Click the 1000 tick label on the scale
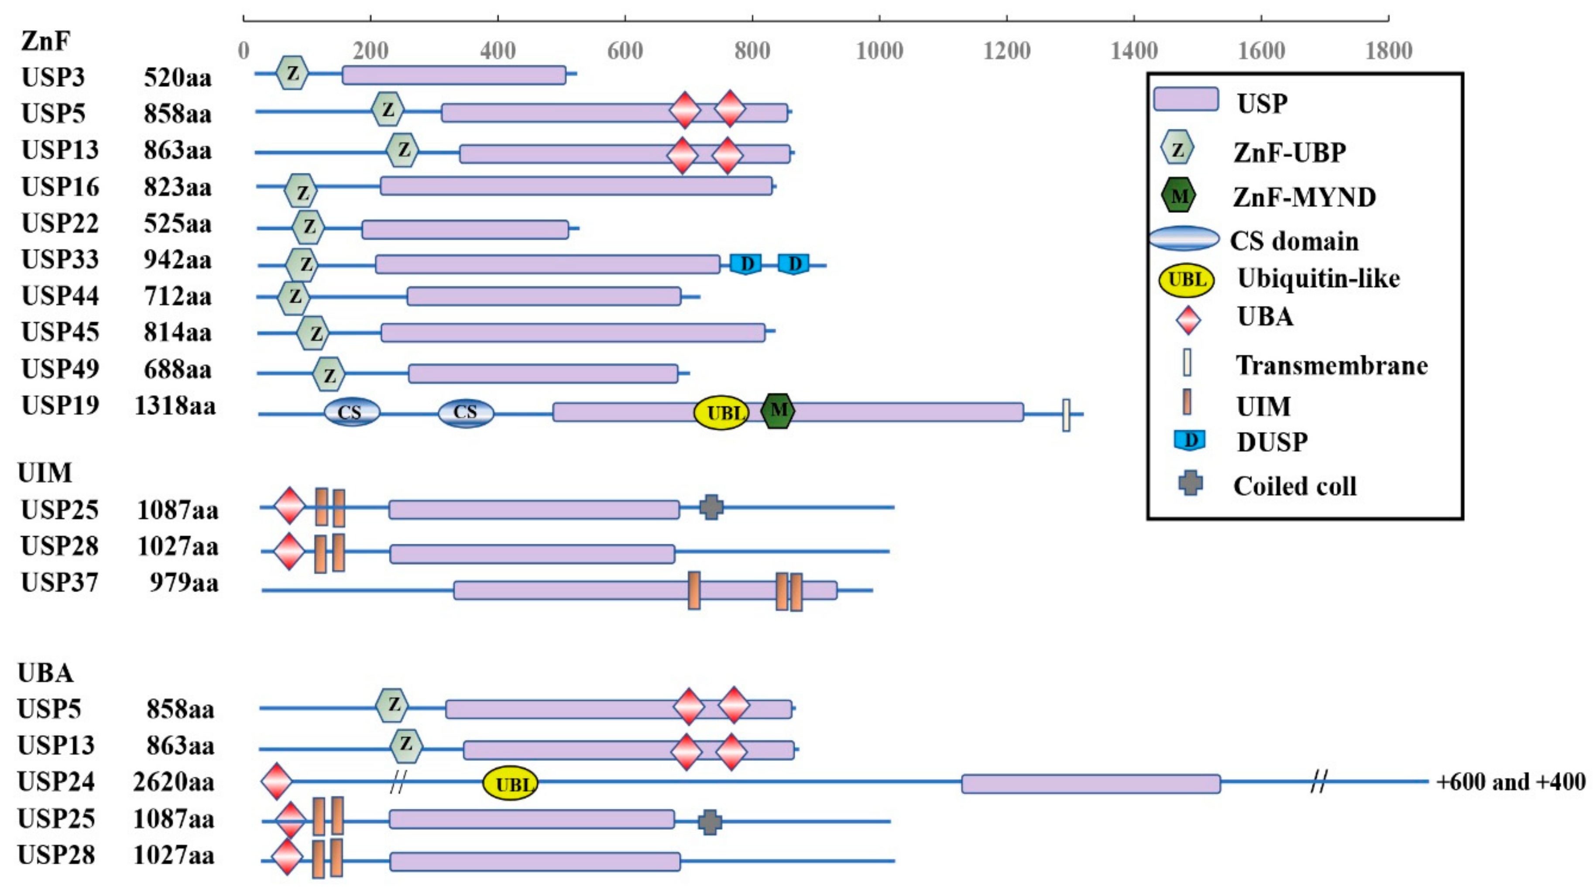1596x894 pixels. pyautogui.click(x=879, y=51)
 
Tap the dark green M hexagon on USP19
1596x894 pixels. pyautogui.click(x=778, y=411)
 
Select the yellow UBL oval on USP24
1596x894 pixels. pyautogui.click(x=510, y=783)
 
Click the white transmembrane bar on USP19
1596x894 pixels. pyautogui.click(x=1066, y=415)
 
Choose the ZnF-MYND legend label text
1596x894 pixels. pyautogui.click(x=1304, y=198)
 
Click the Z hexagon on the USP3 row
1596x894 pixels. pyautogui.click(x=292, y=73)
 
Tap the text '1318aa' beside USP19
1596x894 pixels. pyautogui.click(x=175, y=406)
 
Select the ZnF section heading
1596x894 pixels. pyautogui.click(x=45, y=41)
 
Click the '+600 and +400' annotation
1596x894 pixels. pyautogui.click(x=1510, y=782)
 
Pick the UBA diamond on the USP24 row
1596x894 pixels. pyautogui.click(x=276, y=782)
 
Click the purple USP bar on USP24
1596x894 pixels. pyautogui.click(x=1091, y=784)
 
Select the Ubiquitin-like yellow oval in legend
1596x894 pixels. pyautogui.click(x=1187, y=280)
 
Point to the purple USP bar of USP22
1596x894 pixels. pyautogui.click(x=465, y=229)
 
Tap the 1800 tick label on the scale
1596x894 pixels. pyautogui.click(x=1388, y=51)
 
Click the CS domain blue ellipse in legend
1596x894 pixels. pyautogui.click(x=1184, y=239)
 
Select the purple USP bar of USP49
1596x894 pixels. pyautogui.click(x=543, y=373)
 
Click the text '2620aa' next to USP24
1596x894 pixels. pyautogui.click(x=174, y=782)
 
